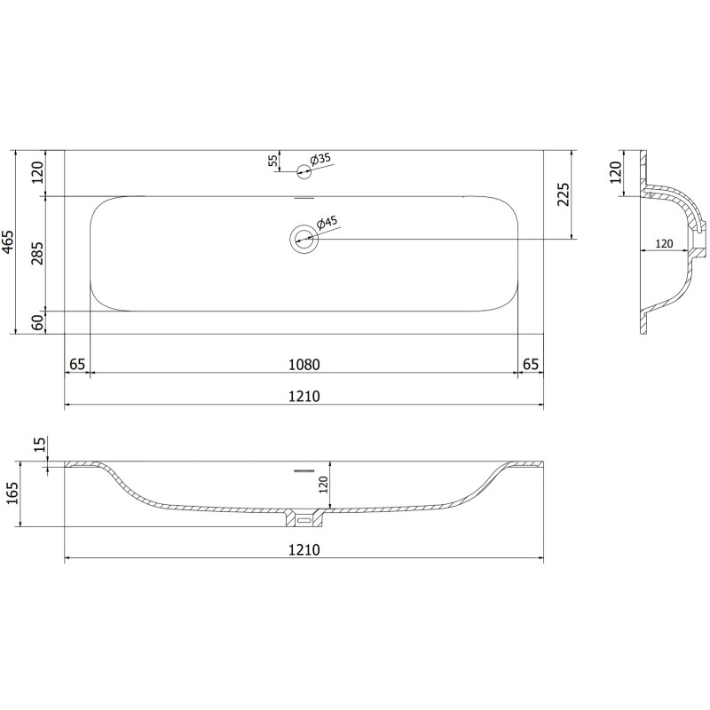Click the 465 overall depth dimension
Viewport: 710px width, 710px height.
click(x=8, y=241)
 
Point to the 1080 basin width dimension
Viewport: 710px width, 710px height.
click(x=304, y=364)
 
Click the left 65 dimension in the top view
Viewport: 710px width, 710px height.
click(x=77, y=364)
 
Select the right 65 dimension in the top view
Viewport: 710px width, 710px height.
click(x=531, y=364)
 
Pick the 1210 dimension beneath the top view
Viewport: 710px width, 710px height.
click(x=304, y=396)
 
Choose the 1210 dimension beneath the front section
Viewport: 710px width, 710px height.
click(x=304, y=550)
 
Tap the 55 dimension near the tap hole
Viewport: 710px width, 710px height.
click(x=272, y=161)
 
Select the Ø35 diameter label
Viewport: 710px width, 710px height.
click(x=319, y=159)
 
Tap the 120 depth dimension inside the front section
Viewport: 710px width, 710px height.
click(x=323, y=484)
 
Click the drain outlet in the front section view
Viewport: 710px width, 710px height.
click(x=304, y=515)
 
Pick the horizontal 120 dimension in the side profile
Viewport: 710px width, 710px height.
click(x=662, y=243)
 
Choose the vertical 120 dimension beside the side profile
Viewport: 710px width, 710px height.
click(x=616, y=172)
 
